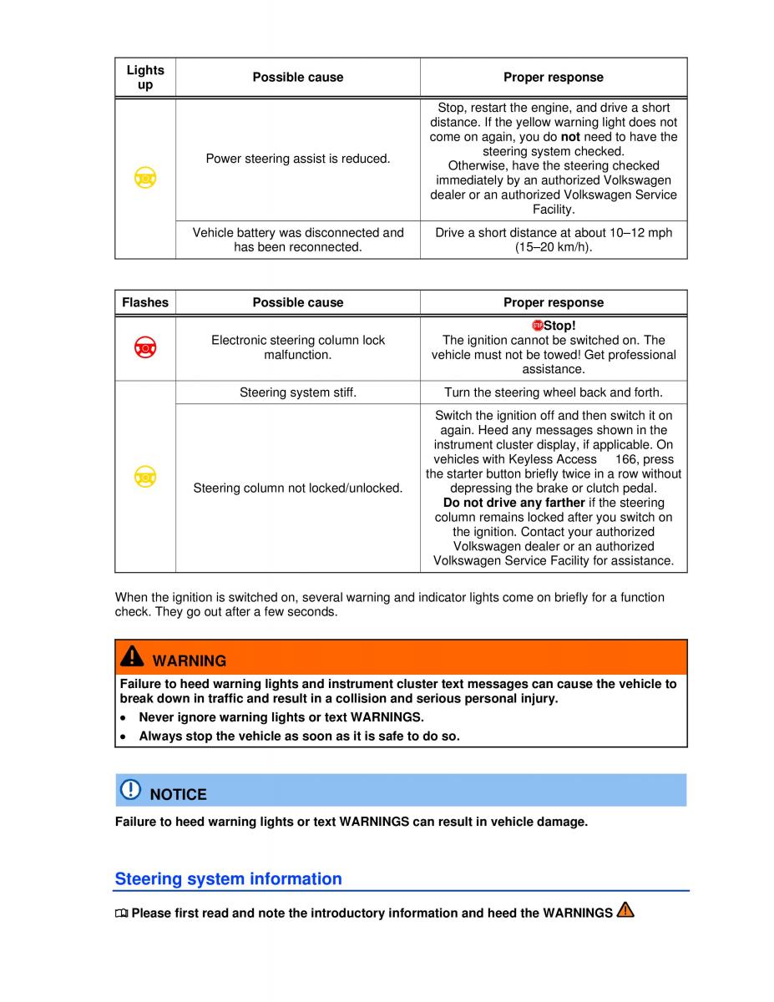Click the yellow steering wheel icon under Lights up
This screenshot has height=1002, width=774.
tap(145, 178)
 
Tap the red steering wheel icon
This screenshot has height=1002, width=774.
tap(145, 347)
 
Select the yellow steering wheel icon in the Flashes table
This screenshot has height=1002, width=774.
tap(145, 476)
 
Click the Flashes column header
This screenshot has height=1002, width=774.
tap(145, 302)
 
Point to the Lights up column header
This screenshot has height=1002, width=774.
tap(145, 77)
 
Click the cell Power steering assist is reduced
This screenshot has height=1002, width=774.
tap(298, 158)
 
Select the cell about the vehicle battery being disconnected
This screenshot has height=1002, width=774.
tap(298, 240)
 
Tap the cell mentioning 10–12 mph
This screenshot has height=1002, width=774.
tap(554, 240)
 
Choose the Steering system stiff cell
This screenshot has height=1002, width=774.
tap(298, 392)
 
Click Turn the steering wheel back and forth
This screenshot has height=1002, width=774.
tap(554, 392)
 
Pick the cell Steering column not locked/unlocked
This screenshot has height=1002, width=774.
tap(298, 488)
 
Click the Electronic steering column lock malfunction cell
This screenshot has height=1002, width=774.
tap(298, 347)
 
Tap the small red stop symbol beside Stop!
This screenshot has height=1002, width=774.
tap(538, 325)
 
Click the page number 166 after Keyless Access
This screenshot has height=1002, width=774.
tap(626, 459)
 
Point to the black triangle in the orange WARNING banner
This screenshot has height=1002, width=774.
tap(132, 658)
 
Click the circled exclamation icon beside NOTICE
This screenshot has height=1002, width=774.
tap(131, 789)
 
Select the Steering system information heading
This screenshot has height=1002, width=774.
tap(228, 878)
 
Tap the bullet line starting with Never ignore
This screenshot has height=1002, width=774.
tap(281, 717)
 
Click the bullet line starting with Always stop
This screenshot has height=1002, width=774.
tap(299, 736)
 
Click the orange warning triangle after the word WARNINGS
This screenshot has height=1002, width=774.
tap(625, 911)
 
